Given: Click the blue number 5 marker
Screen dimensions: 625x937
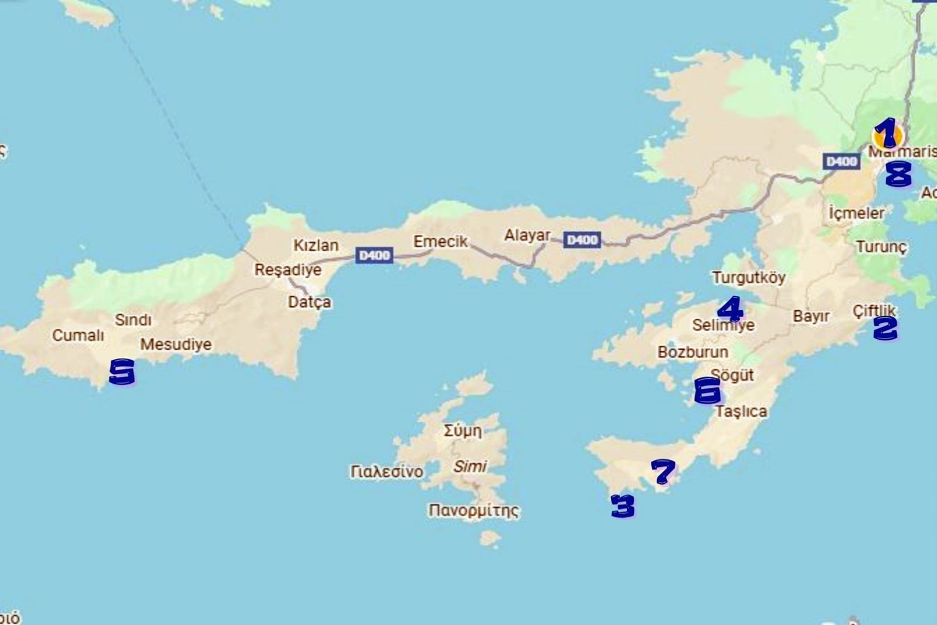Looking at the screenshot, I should (x=122, y=372).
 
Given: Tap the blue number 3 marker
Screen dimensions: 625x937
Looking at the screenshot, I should (x=623, y=506).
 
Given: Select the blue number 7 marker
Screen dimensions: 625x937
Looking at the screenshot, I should (x=663, y=471).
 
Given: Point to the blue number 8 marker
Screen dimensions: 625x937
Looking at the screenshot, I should (x=898, y=173).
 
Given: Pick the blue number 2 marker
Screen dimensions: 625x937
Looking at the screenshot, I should (x=885, y=328).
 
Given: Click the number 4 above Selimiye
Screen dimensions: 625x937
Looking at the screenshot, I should (x=730, y=309).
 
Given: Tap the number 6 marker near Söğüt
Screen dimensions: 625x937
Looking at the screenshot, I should (x=707, y=390).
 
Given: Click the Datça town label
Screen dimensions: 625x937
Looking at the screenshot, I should (x=309, y=302).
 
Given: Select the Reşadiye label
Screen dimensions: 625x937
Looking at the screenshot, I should (x=288, y=270).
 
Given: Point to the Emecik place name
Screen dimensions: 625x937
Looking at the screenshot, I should (x=440, y=241).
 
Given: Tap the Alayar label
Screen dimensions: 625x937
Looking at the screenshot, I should (x=527, y=235).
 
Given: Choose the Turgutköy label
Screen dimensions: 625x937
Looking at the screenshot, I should (x=748, y=277).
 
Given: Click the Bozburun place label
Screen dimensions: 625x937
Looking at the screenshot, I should (x=693, y=352).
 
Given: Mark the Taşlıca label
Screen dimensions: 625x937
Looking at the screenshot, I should (x=741, y=411).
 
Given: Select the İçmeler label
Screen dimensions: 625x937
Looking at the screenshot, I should (x=856, y=213).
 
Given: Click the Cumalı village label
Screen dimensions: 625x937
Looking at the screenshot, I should (x=78, y=336).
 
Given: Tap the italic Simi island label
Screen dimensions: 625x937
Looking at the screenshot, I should (x=470, y=466).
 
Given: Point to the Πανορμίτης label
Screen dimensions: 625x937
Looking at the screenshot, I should (x=473, y=510).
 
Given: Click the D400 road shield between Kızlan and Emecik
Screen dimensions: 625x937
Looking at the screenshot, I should (x=374, y=255).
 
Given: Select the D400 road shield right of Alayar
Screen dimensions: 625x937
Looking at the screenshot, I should (x=582, y=240).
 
